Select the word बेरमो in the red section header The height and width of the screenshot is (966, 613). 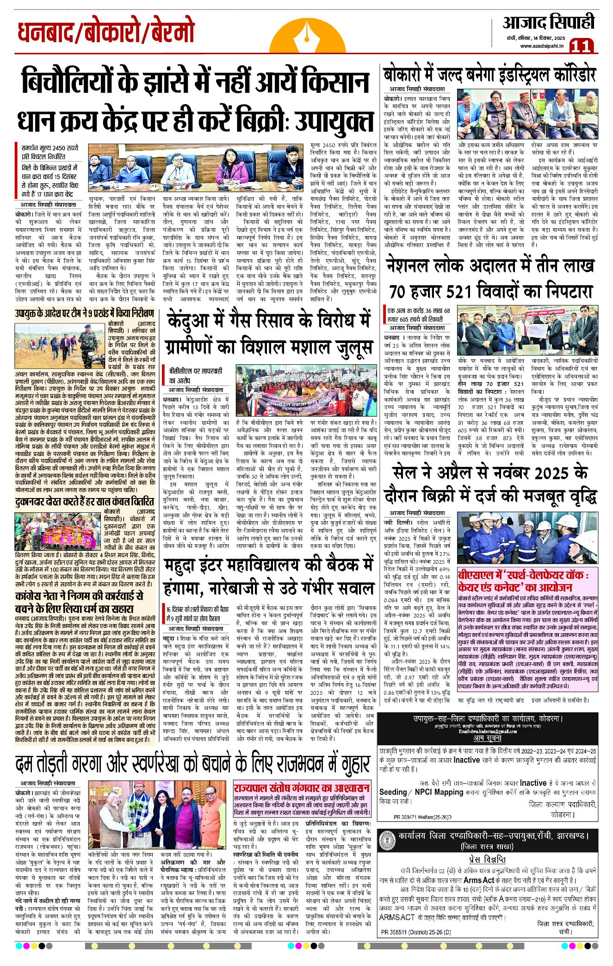[169, 33]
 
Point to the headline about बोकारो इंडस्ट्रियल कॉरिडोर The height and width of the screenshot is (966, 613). [489, 75]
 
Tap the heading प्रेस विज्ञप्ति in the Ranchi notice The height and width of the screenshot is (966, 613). [488, 859]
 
